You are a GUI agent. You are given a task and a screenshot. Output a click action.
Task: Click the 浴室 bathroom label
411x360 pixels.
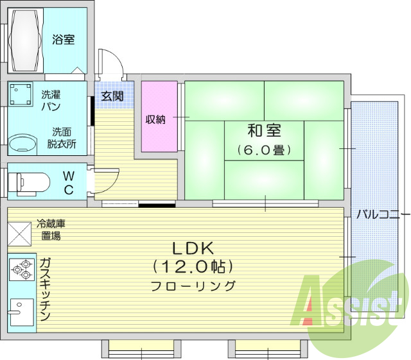pos(63,40)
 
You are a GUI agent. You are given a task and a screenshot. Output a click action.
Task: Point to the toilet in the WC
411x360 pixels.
pos(31,182)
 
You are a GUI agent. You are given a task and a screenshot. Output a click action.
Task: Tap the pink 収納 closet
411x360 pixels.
pos(156,117)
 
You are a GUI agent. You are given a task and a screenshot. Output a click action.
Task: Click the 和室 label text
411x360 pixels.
pos(264,132)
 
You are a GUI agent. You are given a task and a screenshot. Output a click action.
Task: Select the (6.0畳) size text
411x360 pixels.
pos(264,150)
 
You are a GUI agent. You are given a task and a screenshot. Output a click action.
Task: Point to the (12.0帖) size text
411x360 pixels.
pos(192,266)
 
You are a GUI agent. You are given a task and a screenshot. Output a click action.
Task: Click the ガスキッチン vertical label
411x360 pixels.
pos(45,289)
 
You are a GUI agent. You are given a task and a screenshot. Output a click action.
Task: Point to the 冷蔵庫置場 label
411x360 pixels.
pos(51,229)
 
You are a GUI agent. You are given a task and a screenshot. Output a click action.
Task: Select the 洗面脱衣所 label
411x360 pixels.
pos(62,138)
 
